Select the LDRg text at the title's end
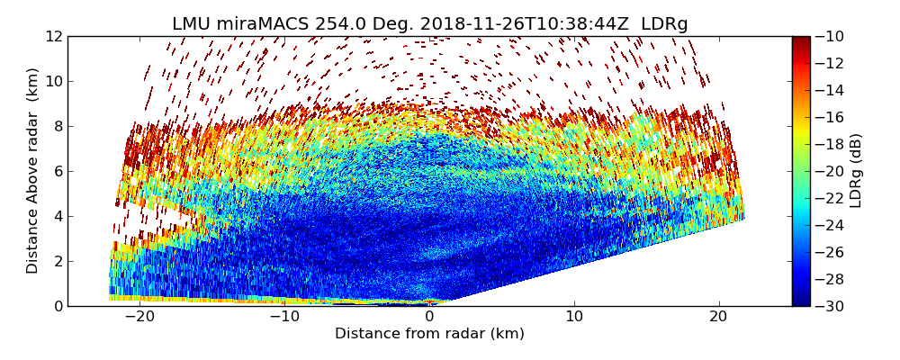(664, 24)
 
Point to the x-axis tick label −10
(283, 318)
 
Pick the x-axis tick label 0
(430, 318)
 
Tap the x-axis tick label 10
(574, 318)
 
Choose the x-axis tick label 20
(719, 318)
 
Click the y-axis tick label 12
(53, 36)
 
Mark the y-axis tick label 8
(57, 126)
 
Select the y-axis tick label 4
(57, 216)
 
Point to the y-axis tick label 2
(57, 261)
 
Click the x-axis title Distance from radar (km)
(429, 334)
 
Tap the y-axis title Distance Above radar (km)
(33, 170)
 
